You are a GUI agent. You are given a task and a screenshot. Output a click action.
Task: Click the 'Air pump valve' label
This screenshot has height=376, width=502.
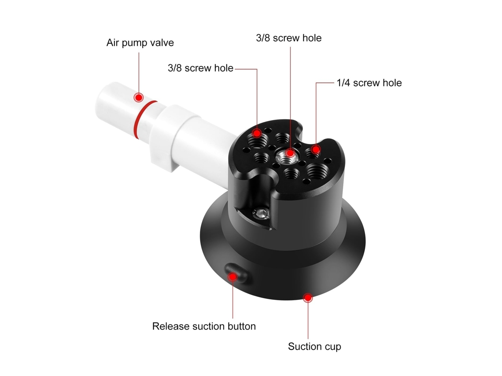click(x=140, y=43)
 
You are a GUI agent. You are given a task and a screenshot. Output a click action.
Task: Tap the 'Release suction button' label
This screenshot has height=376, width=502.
click(x=204, y=326)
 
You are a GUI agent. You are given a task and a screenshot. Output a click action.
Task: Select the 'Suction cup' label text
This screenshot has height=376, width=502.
click(x=314, y=347)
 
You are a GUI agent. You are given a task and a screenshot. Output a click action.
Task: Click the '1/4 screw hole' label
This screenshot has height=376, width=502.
click(x=369, y=83)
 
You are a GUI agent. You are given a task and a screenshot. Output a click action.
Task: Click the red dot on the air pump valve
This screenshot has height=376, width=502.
click(x=139, y=97)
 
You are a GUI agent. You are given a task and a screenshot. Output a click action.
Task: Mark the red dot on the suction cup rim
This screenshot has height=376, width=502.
click(x=308, y=298)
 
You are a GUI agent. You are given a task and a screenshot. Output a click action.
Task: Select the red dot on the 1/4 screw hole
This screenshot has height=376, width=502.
click(x=316, y=150)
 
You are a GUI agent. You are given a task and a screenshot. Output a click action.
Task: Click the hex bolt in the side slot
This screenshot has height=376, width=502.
click(x=261, y=213)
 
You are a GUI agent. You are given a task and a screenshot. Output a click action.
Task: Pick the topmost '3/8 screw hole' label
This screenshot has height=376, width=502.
click(x=288, y=38)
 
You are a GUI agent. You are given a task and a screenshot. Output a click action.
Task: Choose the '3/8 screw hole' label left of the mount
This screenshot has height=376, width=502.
click(x=200, y=68)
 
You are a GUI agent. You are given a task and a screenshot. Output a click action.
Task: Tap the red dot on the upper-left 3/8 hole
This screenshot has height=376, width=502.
click(x=257, y=133)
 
